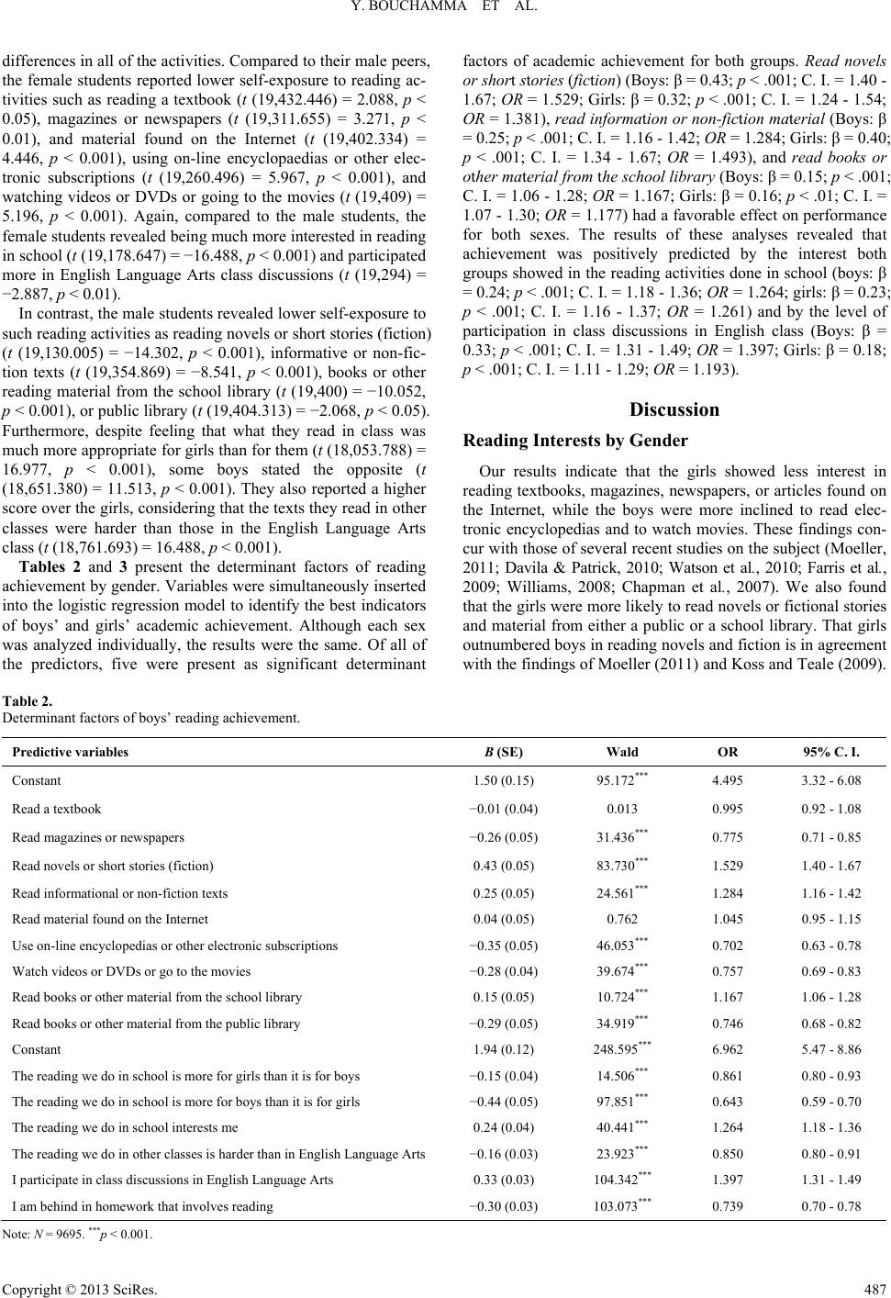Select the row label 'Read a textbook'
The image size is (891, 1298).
click(x=57, y=810)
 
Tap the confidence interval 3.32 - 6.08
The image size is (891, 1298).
click(x=831, y=781)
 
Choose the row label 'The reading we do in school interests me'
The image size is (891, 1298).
click(x=126, y=1128)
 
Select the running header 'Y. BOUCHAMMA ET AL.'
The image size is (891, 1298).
click(x=445, y=13)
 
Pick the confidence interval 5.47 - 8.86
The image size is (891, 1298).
click(x=831, y=1049)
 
